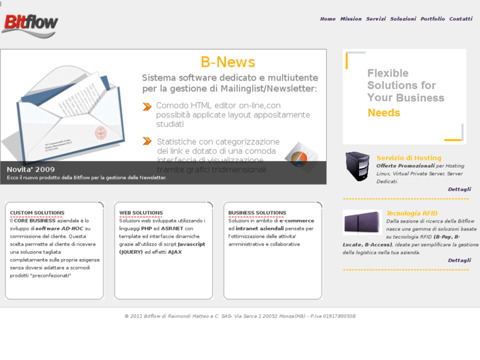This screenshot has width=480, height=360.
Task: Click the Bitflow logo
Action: [30, 24]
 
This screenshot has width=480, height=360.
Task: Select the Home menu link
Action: [327, 19]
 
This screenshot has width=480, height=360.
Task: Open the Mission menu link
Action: [351, 19]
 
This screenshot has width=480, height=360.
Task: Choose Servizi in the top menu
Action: [376, 19]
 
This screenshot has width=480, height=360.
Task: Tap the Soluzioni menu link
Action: [403, 19]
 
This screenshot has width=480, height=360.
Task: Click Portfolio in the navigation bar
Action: [432, 19]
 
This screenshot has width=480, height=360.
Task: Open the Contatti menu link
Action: [460, 19]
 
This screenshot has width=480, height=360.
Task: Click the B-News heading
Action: [228, 62]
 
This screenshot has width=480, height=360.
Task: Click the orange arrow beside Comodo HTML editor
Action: [147, 106]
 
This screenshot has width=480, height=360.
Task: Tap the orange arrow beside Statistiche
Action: [147, 141]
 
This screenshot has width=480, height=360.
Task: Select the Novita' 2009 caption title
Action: [31, 169]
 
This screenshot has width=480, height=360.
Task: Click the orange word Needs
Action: [384, 113]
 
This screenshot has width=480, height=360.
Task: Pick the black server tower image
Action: [357, 166]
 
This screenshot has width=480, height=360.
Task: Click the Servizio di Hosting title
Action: [409, 158]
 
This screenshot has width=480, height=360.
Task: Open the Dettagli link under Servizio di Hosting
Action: [459, 190]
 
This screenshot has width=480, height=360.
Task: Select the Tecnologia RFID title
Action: [411, 213]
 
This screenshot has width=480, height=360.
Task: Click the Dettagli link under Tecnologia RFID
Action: [459, 260]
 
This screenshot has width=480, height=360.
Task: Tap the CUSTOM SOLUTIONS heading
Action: [37, 213]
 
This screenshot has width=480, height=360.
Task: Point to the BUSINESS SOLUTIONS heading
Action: [257, 213]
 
